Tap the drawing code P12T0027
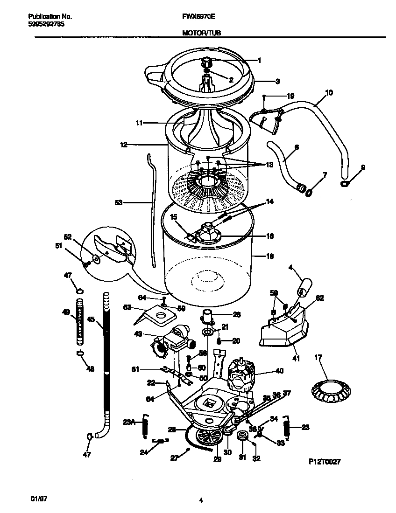point(325,461)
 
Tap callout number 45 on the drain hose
point(91,319)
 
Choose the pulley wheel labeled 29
point(209,437)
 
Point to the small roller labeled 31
point(242,437)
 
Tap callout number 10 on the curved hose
point(328,93)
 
